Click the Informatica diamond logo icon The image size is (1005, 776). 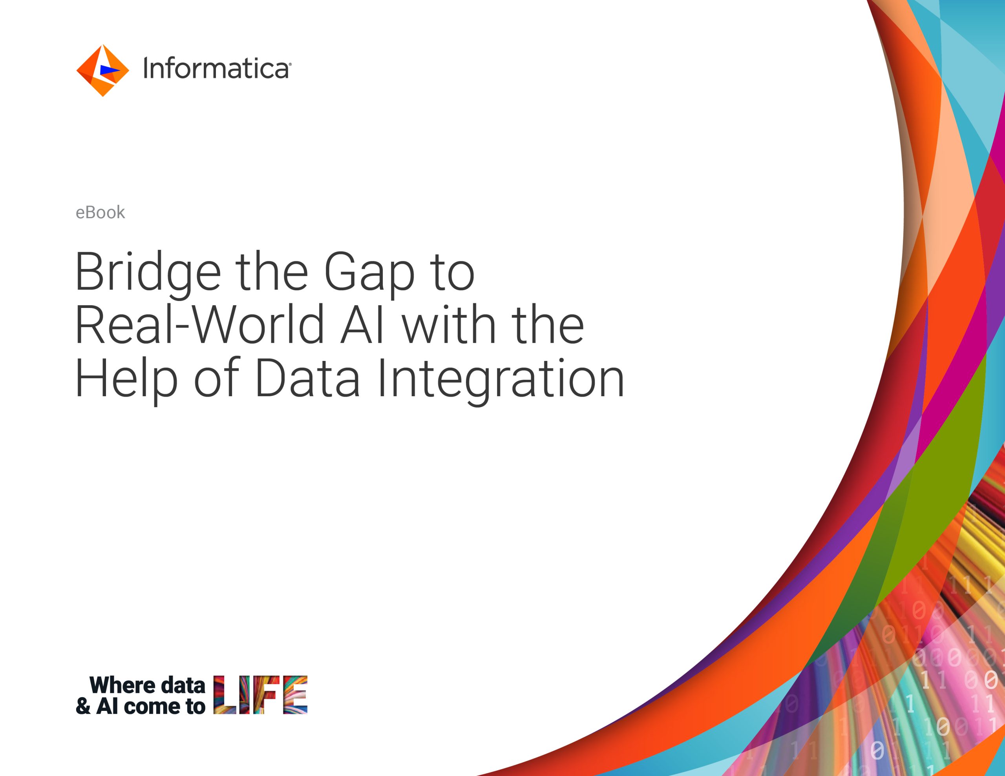pyautogui.click(x=102, y=70)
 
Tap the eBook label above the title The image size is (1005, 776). pyautogui.click(x=100, y=213)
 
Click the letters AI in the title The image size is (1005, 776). pyautogui.click(x=362, y=326)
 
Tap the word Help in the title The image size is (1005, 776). pyautogui.click(x=126, y=379)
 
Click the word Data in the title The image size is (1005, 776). pyautogui.click(x=307, y=379)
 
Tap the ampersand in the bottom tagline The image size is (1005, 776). pyautogui.click(x=83, y=707)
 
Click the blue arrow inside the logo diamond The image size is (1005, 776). pyautogui.click(x=110, y=70)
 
